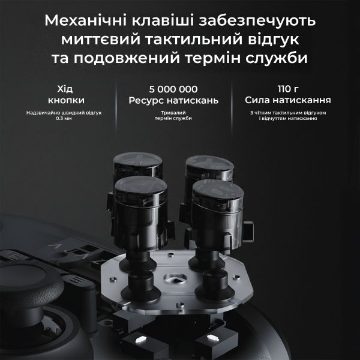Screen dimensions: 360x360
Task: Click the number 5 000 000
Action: (169, 87)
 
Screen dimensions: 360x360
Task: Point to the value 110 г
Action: (287, 87)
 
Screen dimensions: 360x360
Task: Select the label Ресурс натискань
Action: (169, 100)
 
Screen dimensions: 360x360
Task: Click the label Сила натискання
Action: (288, 100)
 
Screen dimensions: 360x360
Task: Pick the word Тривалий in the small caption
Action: (169, 113)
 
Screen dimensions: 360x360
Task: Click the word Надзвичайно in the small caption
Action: (43, 113)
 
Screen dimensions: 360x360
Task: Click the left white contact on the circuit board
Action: (140, 341)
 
